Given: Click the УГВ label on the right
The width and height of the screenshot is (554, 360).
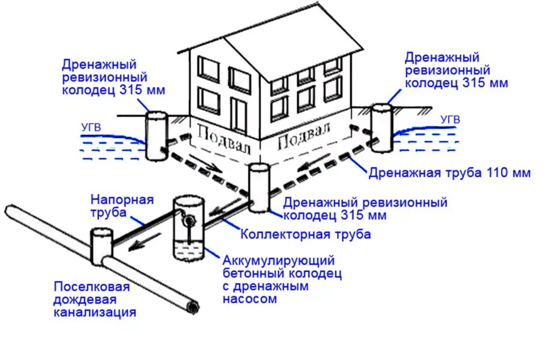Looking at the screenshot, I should click(x=450, y=120).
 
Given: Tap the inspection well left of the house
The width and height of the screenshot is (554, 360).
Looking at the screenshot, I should click(x=156, y=135).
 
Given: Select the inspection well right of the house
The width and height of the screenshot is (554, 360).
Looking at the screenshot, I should click(x=382, y=127).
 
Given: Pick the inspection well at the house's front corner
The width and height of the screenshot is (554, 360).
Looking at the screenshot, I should click(x=259, y=188).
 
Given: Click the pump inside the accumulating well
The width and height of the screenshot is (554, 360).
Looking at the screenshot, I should click(x=190, y=221).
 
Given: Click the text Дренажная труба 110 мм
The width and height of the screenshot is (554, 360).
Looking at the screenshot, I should click(x=449, y=173).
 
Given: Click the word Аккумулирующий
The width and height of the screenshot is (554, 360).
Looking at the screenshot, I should click(x=279, y=260).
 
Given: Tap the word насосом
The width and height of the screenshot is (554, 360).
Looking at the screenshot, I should click(x=250, y=299).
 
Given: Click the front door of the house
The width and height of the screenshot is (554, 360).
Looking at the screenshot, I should click(x=238, y=115).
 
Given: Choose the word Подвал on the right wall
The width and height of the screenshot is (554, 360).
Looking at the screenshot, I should click(x=304, y=137).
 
